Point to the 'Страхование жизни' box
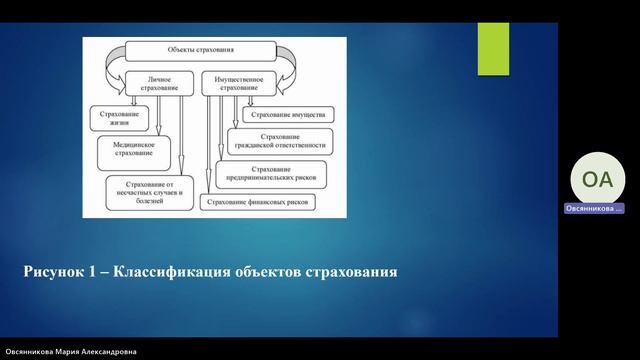(125, 119)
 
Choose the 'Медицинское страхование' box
(139, 149)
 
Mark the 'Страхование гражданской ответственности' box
(281, 142)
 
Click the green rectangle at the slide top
(493, 42)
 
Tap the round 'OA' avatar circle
(594, 180)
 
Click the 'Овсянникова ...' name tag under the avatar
(594, 208)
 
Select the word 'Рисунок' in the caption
(57, 271)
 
